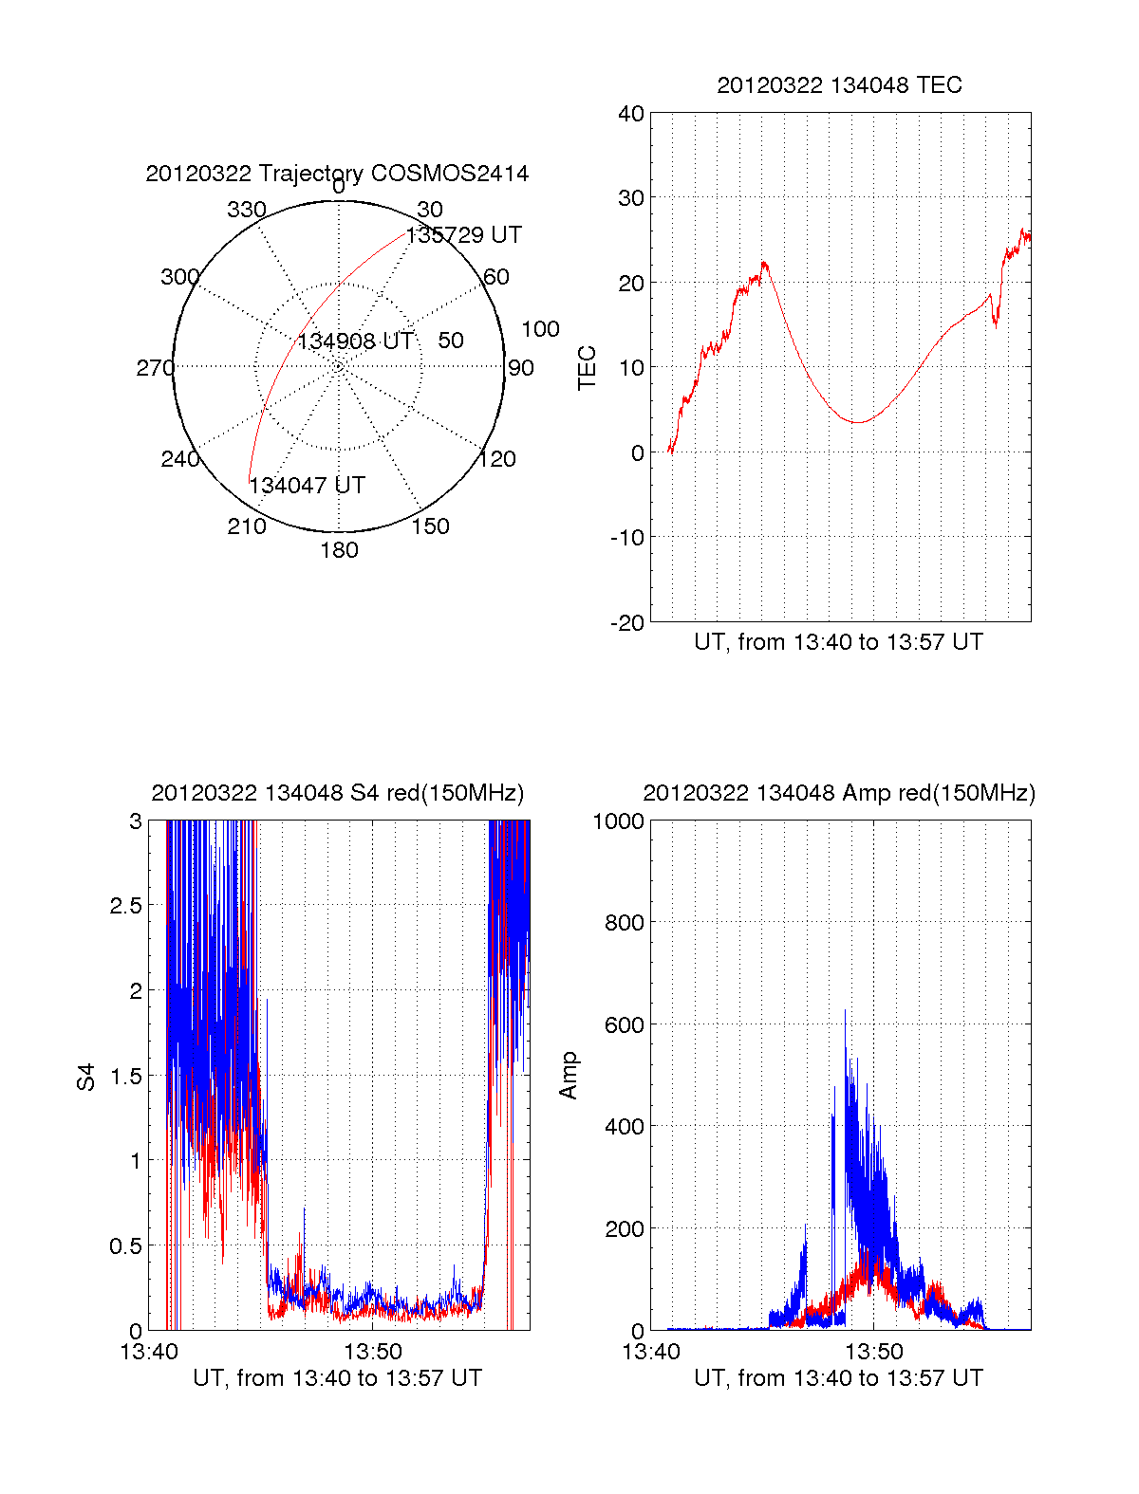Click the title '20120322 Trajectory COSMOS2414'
[337, 174]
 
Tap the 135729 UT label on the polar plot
[464, 235]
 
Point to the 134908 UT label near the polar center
[355, 341]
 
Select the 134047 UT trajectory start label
[307, 486]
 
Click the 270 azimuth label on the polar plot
[156, 368]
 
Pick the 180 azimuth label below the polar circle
[339, 550]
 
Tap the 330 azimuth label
[247, 210]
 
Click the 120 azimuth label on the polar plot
[497, 459]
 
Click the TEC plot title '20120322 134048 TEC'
[839, 85]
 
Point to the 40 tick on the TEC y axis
[631, 114]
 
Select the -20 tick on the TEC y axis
[627, 622]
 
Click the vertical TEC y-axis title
[588, 368]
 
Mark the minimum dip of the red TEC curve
[856, 422]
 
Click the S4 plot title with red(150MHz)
[337, 793]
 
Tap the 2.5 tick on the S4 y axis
[125, 906]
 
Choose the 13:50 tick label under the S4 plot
[372, 1352]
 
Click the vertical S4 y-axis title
[86, 1077]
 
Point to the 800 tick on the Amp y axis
[624, 922]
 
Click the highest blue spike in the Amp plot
[845, 1011]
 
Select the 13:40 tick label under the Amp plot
[651, 1352]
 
